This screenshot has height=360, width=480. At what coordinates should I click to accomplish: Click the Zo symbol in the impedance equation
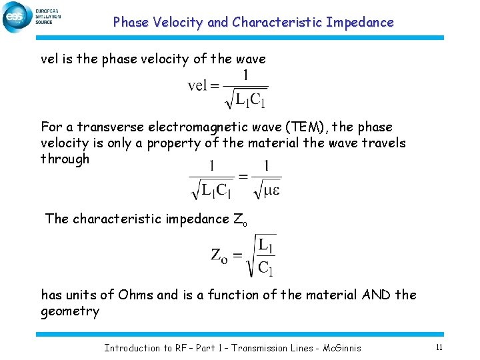pyautogui.click(x=221, y=255)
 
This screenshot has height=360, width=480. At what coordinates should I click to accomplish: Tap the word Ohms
pyautogui.click(x=136, y=295)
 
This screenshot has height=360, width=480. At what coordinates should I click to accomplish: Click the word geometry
pyautogui.click(x=70, y=311)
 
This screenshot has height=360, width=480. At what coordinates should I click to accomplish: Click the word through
pyautogui.click(x=65, y=159)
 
